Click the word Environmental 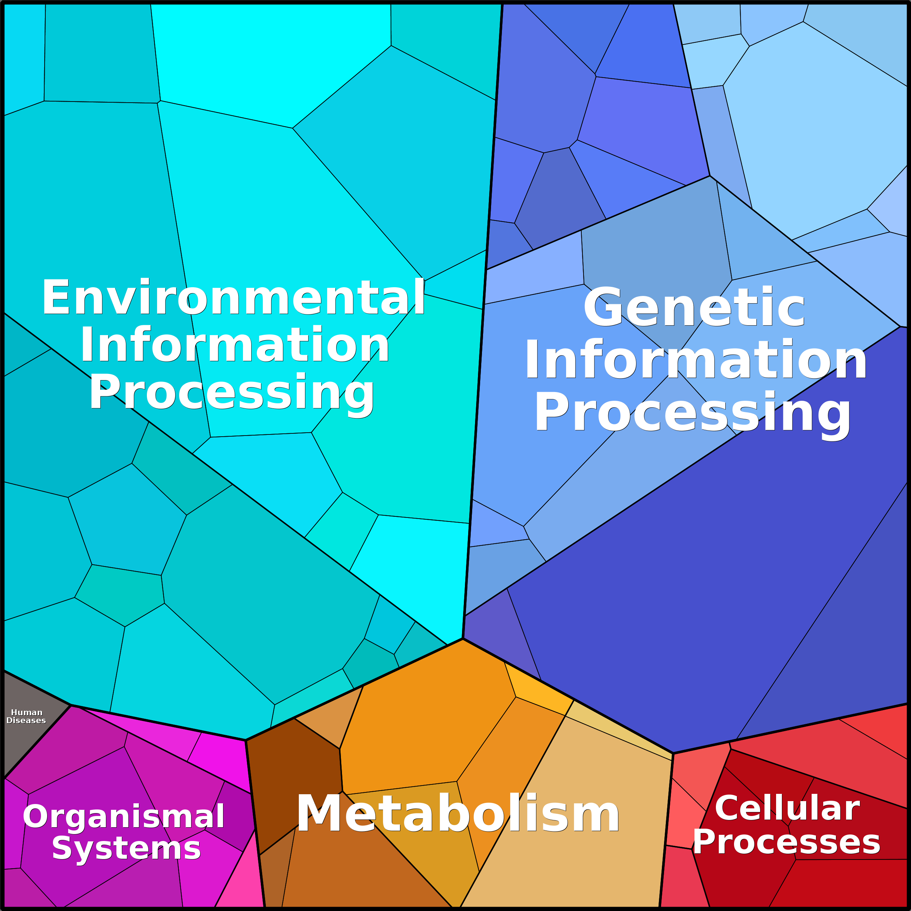[x=234, y=297]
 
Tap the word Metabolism [x=457, y=814]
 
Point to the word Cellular [x=787, y=808]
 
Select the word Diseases [x=26, y=721]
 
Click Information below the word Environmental [x=234, y=345]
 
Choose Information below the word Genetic [x=695, y=360]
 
